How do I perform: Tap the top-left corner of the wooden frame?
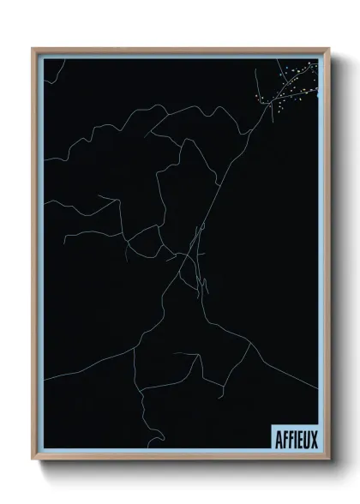33,49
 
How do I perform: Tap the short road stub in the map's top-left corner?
54,72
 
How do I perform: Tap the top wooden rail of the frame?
180,50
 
